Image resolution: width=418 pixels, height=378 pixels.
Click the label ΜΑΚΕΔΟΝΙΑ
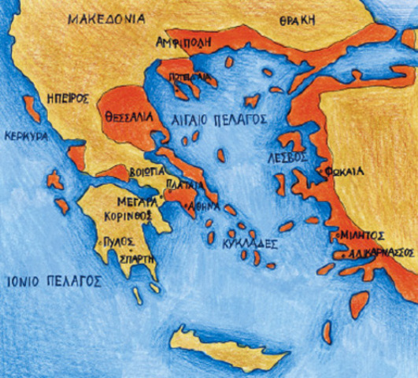(x=105, y=17)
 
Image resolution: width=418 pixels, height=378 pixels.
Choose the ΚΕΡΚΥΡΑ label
(x=24, y=135)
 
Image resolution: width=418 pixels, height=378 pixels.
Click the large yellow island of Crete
(x=227, y=347)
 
